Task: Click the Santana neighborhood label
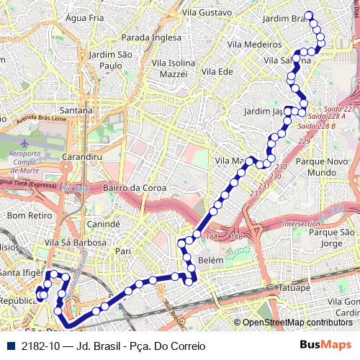[76, 110]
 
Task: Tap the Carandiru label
[80, 156]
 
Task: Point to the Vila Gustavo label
[207, 12]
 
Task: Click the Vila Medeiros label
[253, 44]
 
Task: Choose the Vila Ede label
[217, 71]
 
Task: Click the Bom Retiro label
[27, 215]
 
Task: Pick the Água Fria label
[80, 17]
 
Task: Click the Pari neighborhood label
[123, 251]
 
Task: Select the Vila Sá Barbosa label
[76, 243]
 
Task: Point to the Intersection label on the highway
[302, 224]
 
